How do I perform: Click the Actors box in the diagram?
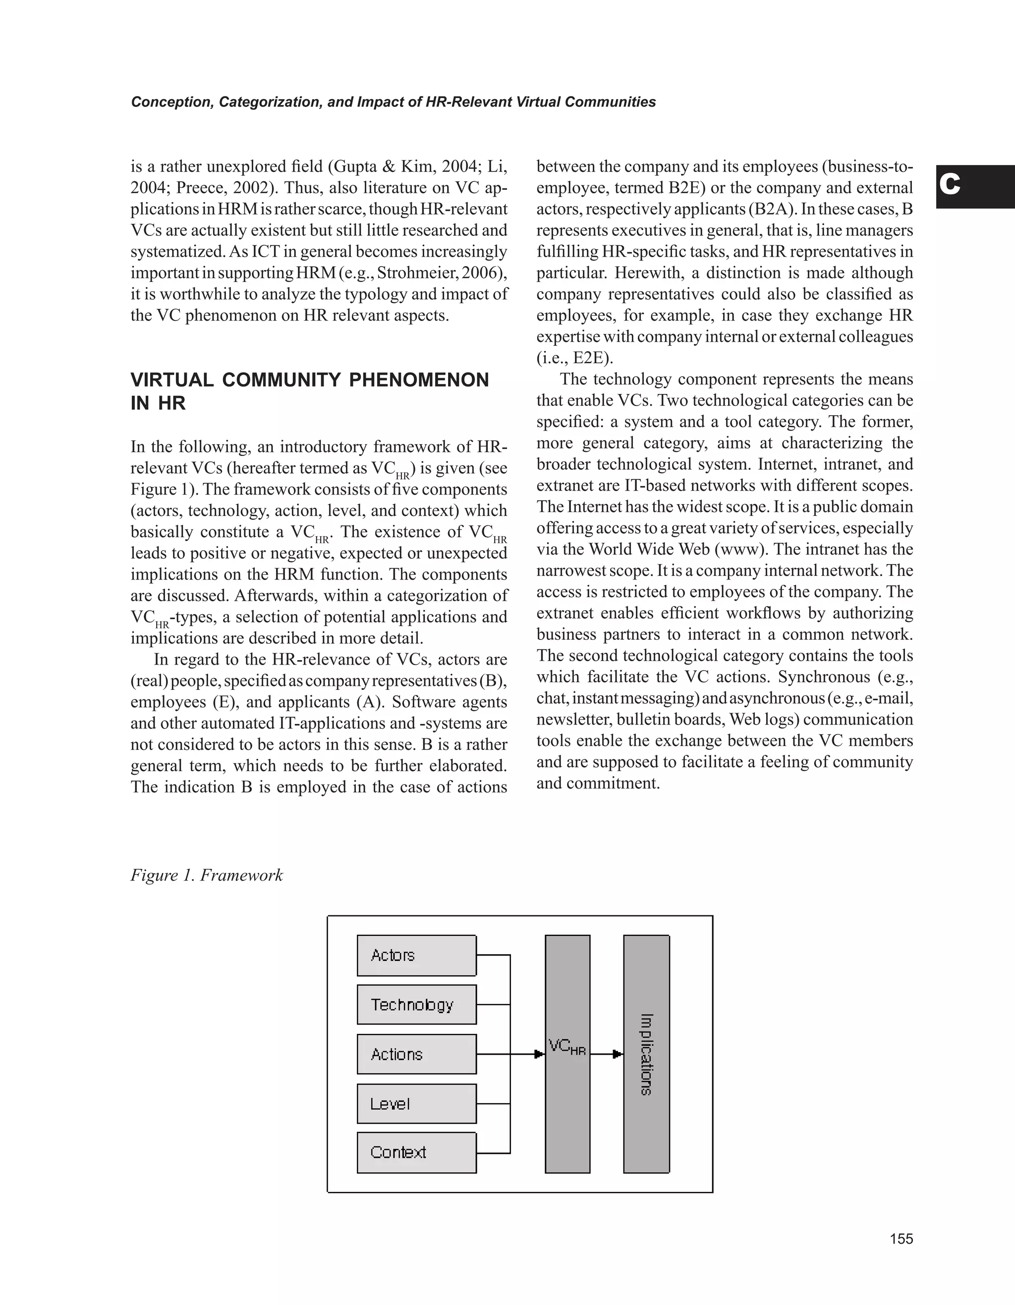pos(416,955)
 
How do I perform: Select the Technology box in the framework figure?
pos(416,1005)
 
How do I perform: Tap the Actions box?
pos(416,1054)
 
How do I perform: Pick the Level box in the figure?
pos(416,1104)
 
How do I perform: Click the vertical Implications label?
pos(646,1054)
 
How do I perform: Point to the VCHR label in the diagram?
pos(567,1047)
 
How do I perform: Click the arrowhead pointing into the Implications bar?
pos(619,1054)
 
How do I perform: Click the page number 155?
pos(901,1239)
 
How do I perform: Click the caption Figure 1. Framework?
pos(207,875)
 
